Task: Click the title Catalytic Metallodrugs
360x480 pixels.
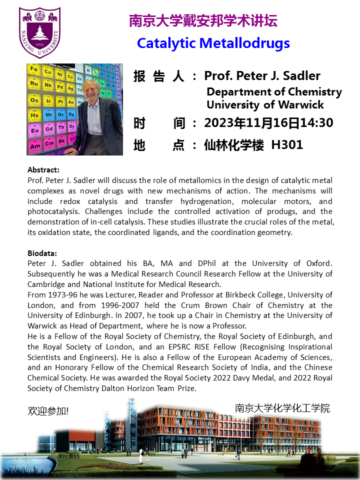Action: point(213,43)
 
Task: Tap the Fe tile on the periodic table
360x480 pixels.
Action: point(34,69)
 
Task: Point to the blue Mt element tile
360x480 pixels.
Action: point(48,115)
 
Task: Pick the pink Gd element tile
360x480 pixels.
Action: point(48,130)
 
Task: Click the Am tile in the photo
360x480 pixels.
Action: point(35,146)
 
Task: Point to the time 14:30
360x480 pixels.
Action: point(316,122)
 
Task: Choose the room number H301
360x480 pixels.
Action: point(287,145)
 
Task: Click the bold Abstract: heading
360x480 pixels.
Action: point(43,170)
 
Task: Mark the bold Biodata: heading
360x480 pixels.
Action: point(42,253)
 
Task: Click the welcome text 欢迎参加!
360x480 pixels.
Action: point(48,411)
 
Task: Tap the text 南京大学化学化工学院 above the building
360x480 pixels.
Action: point(282,408)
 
